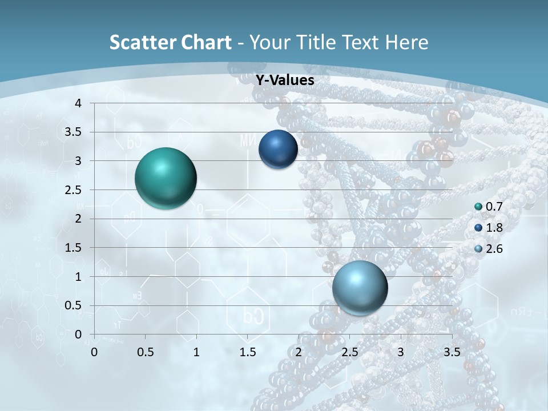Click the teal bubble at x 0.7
tap(166, 178)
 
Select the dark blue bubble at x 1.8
tap(278, 150)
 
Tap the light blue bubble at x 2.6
tap(360, 288)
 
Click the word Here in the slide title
tap(406, 42)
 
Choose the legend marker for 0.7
tap(478, 207)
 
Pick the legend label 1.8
tap(494, 228)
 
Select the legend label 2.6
tap(494, 249)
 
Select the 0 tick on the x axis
tap(94, 352)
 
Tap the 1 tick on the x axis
tap(196, 352)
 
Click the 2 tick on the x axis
tap(299, 352)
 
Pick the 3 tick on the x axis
tap(400, 352)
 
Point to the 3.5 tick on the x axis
tap(452, 352)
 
